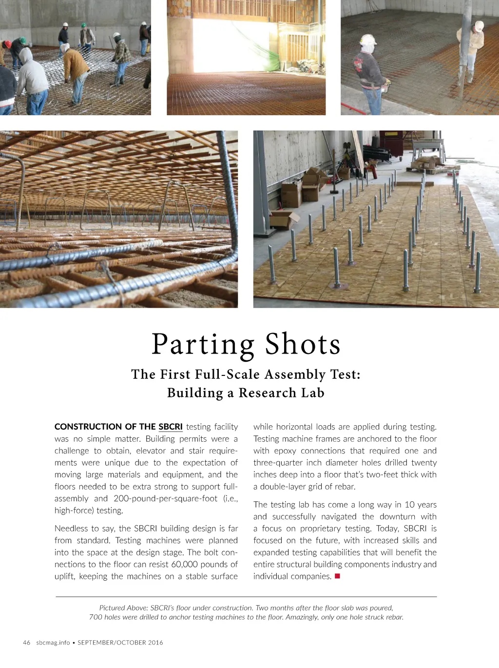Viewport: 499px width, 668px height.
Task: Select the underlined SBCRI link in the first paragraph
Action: click(171, 427)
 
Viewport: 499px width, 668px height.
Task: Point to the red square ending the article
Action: click(337, 576)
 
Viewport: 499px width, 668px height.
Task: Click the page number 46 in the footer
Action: click(27, 643)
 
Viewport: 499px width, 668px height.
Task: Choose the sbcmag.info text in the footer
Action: click(53, 643)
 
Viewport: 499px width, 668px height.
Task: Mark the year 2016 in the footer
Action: click(155, 643)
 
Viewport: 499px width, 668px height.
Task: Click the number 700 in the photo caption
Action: click(96, 617)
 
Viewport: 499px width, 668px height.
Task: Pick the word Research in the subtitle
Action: click(268, 393)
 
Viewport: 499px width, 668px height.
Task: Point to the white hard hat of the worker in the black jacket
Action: click(368, 39)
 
